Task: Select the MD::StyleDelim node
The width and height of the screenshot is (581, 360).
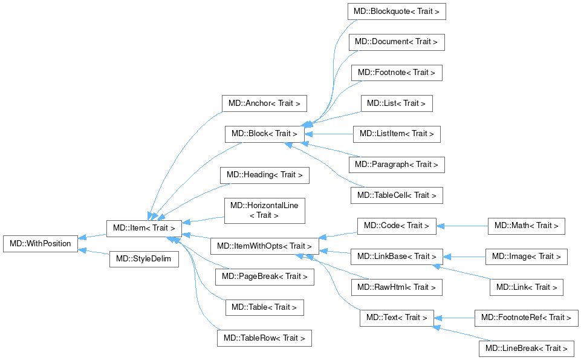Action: coord(144,259)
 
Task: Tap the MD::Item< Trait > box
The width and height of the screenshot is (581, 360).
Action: coord(144,228)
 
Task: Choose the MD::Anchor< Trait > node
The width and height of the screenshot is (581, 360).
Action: coord(265,103)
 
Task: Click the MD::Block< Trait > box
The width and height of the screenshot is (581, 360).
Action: coord(264,134)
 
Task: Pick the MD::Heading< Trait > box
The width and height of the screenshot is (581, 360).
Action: coord(265,175)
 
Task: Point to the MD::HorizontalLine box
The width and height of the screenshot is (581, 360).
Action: coord(264,211)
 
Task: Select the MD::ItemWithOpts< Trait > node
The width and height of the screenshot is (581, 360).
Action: coord(264,246)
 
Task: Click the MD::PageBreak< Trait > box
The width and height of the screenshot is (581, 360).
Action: coord(264,277)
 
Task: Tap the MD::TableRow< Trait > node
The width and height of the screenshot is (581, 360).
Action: coord(264,338)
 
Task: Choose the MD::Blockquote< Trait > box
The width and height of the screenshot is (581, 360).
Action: coord(397,11)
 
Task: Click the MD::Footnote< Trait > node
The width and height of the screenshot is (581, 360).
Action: coord(397,73)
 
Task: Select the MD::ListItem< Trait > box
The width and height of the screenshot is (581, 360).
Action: coord(397,134)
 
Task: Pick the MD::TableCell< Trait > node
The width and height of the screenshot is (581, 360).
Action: coord(397,195)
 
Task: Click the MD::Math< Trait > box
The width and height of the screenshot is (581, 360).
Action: coord(527,226)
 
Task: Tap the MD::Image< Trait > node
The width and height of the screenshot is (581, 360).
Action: coord(527,257)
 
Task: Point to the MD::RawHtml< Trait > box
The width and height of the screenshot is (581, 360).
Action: coord(397,287)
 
